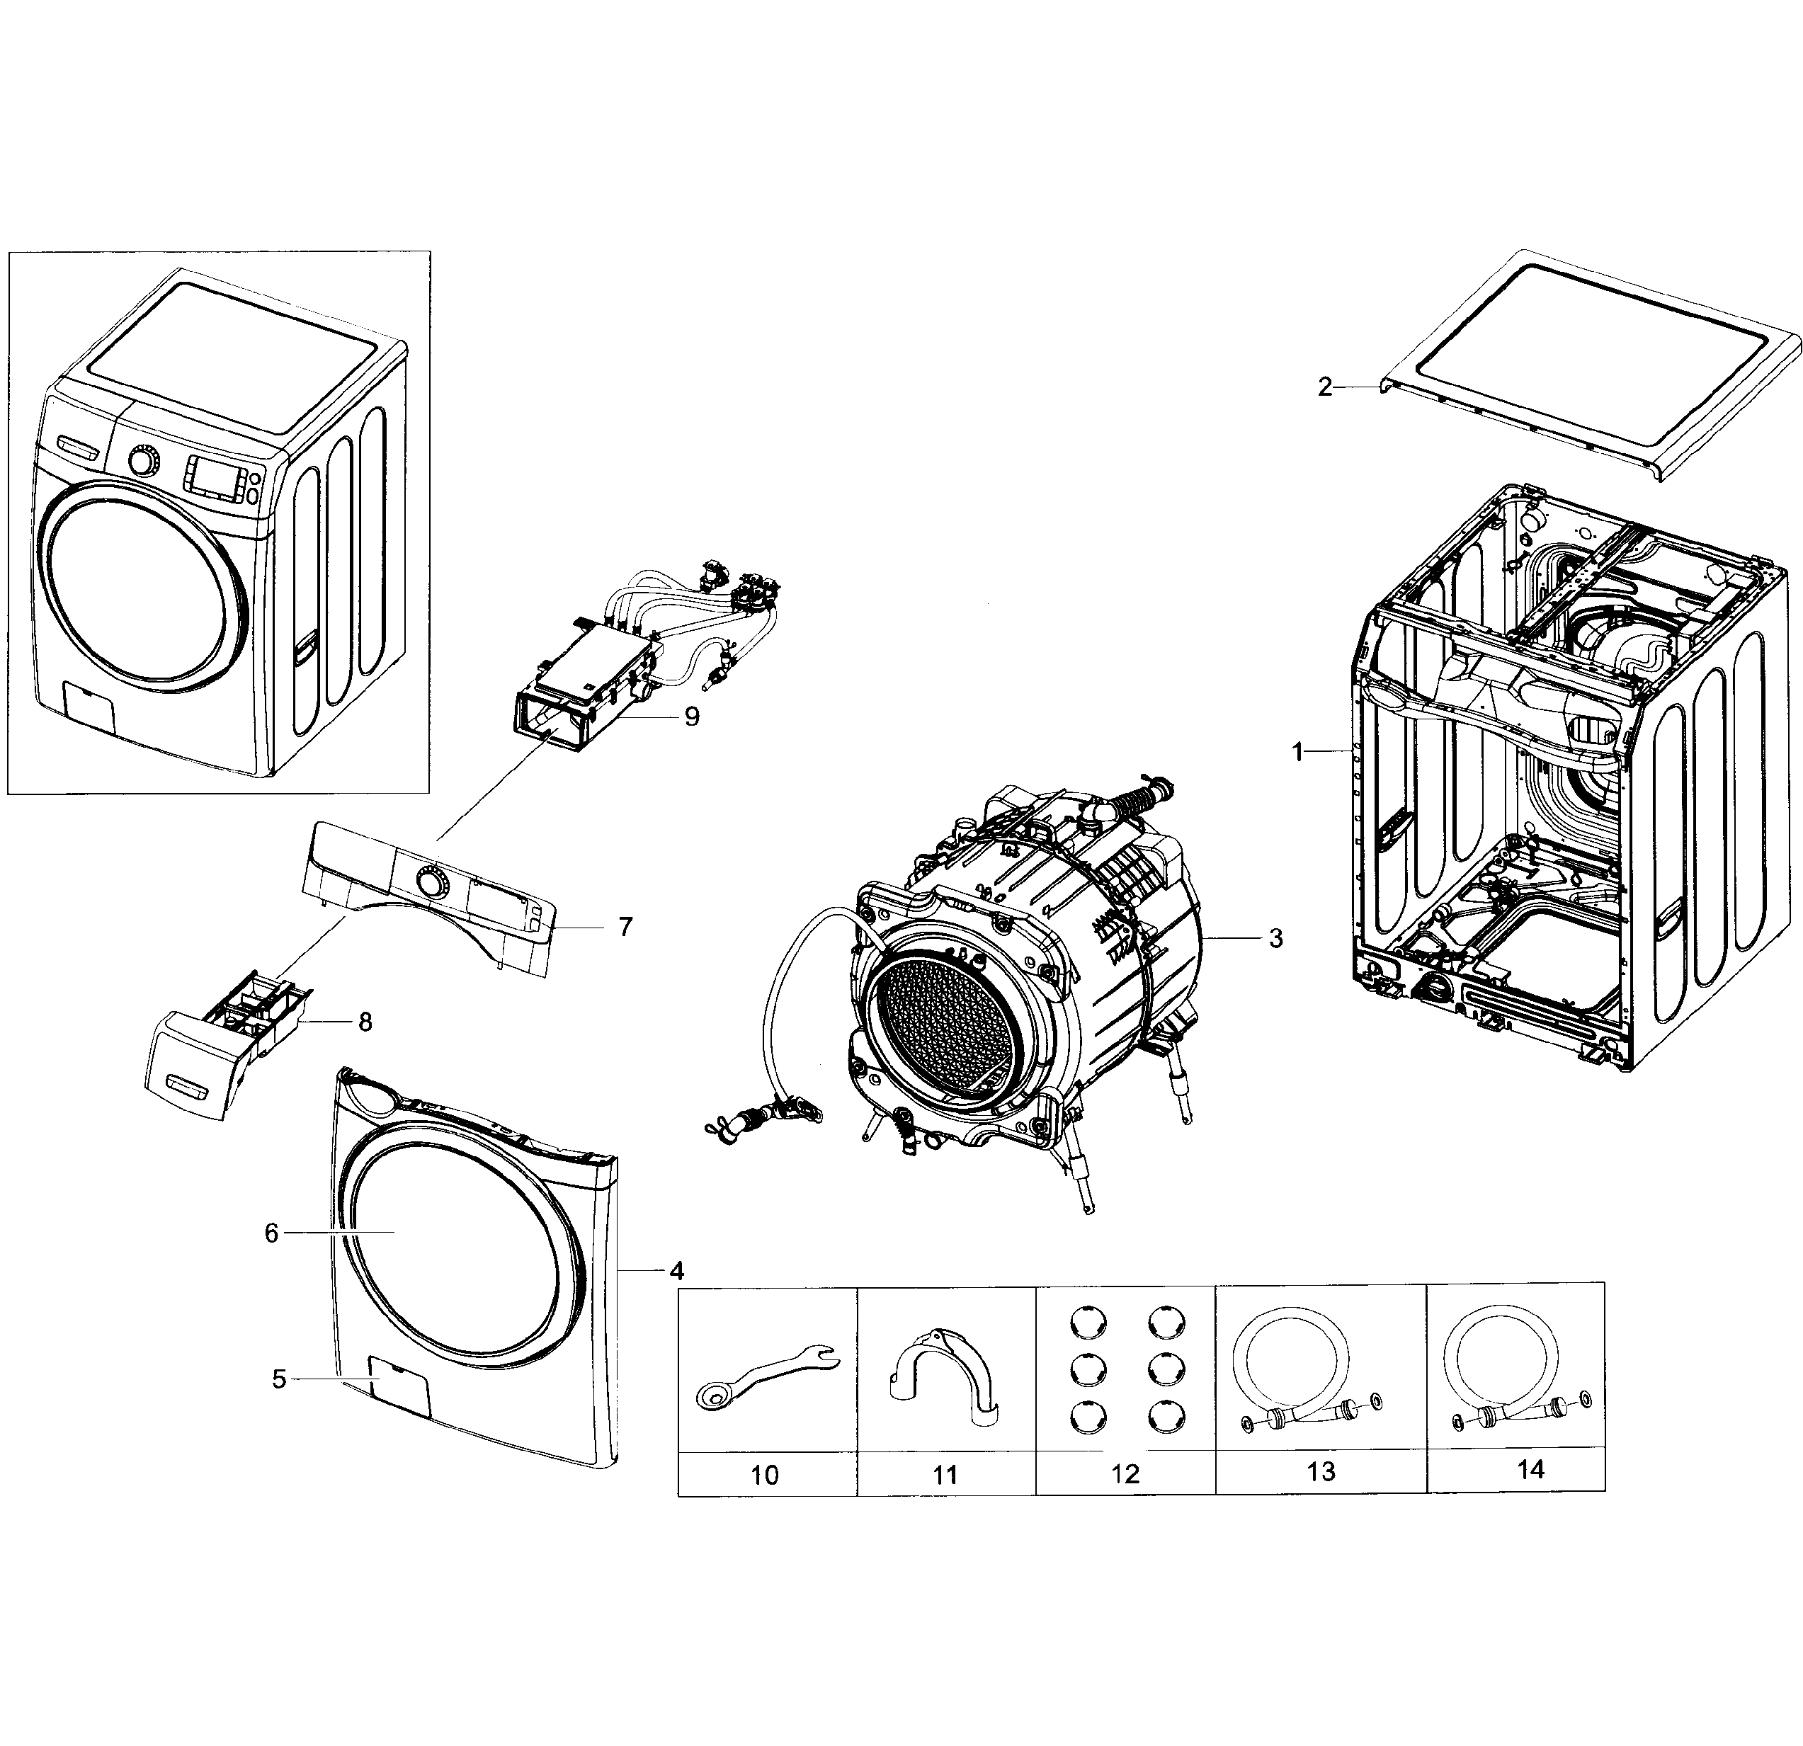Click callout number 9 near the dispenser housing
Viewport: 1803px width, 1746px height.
692,716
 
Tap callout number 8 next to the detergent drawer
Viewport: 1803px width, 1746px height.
365,1022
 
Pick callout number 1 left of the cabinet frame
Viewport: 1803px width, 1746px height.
1297,753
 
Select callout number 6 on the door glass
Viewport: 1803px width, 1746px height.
271,1233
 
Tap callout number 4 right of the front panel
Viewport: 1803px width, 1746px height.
677,1272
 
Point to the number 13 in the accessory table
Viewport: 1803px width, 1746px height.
1321,1471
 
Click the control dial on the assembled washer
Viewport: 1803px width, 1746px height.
142,461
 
